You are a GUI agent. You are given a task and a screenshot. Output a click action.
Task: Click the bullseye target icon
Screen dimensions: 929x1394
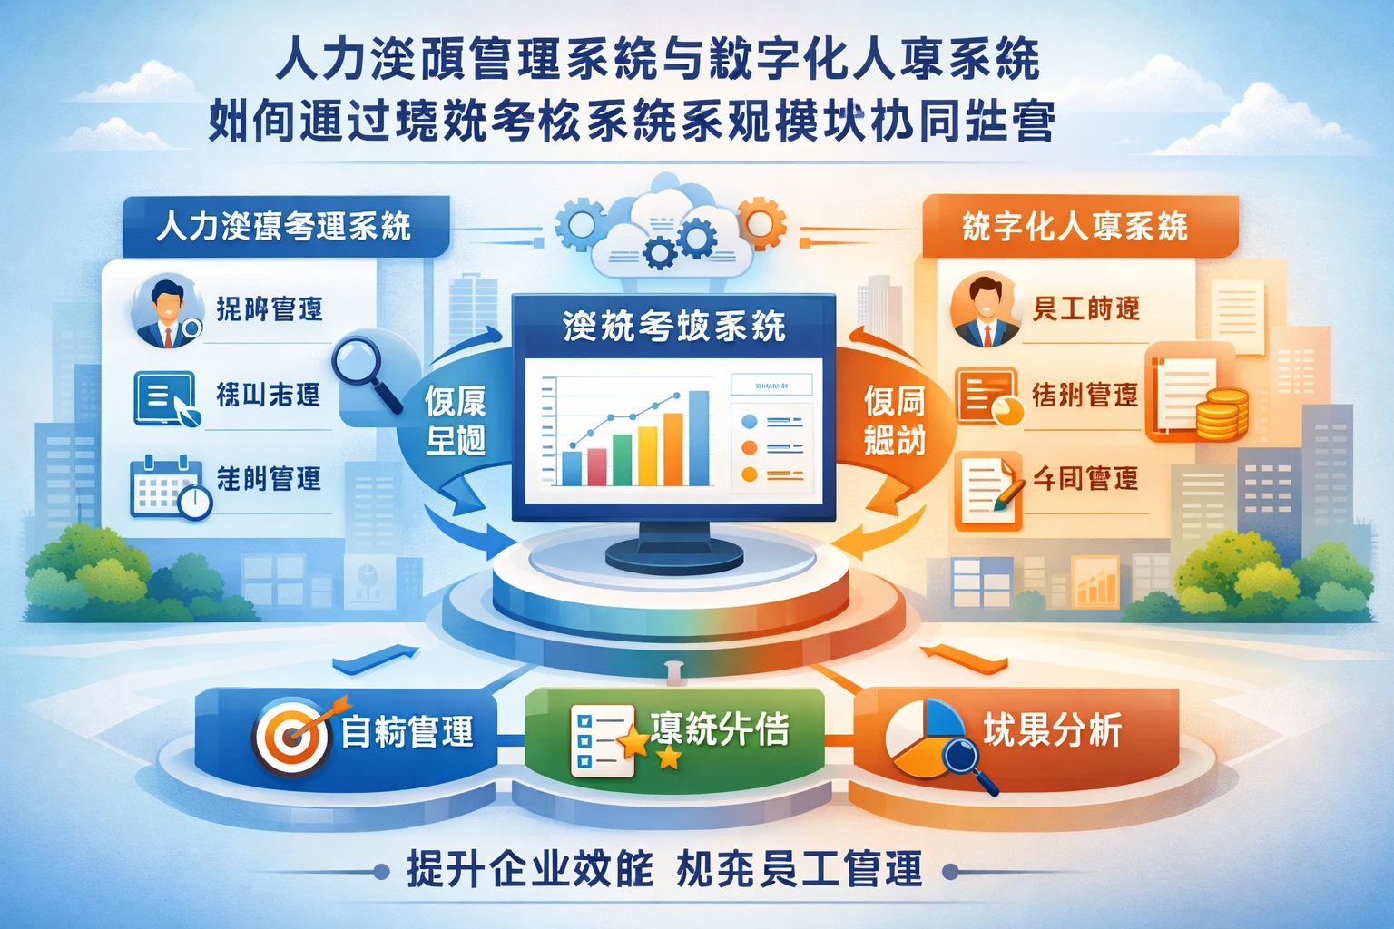point(292,736)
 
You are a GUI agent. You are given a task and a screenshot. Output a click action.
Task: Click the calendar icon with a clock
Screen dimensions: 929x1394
point(169,486)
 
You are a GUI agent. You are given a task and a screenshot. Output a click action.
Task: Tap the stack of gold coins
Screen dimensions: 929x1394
point(1221,413)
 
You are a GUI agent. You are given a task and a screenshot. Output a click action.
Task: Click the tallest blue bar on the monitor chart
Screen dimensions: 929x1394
point(698,438)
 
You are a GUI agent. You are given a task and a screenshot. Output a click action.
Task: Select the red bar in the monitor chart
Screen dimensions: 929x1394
point(596,466)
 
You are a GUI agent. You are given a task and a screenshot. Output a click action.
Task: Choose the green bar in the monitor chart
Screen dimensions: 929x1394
point(622,459)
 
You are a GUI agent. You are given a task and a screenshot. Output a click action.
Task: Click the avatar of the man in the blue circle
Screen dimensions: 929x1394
point(166,310)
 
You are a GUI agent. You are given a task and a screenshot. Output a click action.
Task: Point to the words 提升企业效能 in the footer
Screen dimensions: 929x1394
point(530,870)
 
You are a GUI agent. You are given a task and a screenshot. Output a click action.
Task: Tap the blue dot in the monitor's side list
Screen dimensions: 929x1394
point(750,422)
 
